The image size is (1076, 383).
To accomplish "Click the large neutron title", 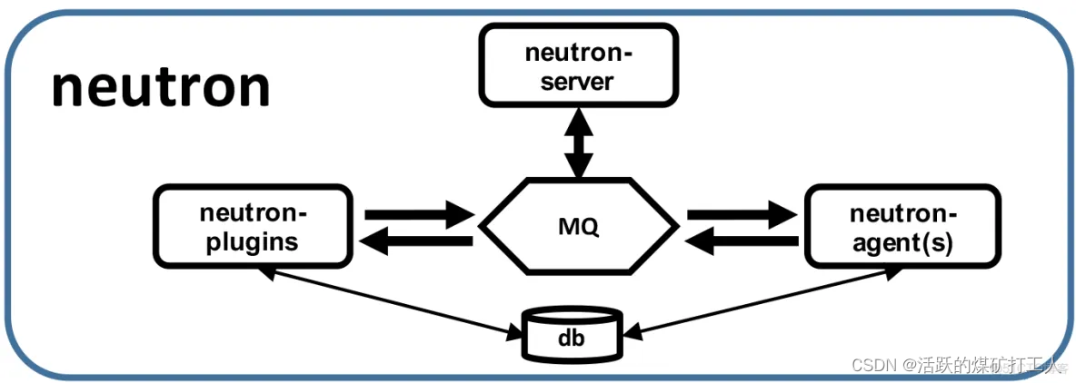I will tap(161, 88).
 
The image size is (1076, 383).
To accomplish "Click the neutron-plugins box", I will tap(254, 227).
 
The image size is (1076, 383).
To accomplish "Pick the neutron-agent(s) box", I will tap(902, 227).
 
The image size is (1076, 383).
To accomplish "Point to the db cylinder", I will tap(571, 334).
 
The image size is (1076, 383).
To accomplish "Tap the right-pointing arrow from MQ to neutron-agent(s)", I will tap(742, 216).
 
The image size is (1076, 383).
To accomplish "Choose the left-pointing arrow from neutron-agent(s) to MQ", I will tap(742, 241).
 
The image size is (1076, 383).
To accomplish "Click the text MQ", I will tap(578, 226).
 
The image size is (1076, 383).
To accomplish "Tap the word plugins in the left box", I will tap(254, 242).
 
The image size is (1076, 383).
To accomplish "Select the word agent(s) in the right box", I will tap(902, 242).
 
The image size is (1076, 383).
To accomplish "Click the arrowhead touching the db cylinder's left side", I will tap(512, 335).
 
